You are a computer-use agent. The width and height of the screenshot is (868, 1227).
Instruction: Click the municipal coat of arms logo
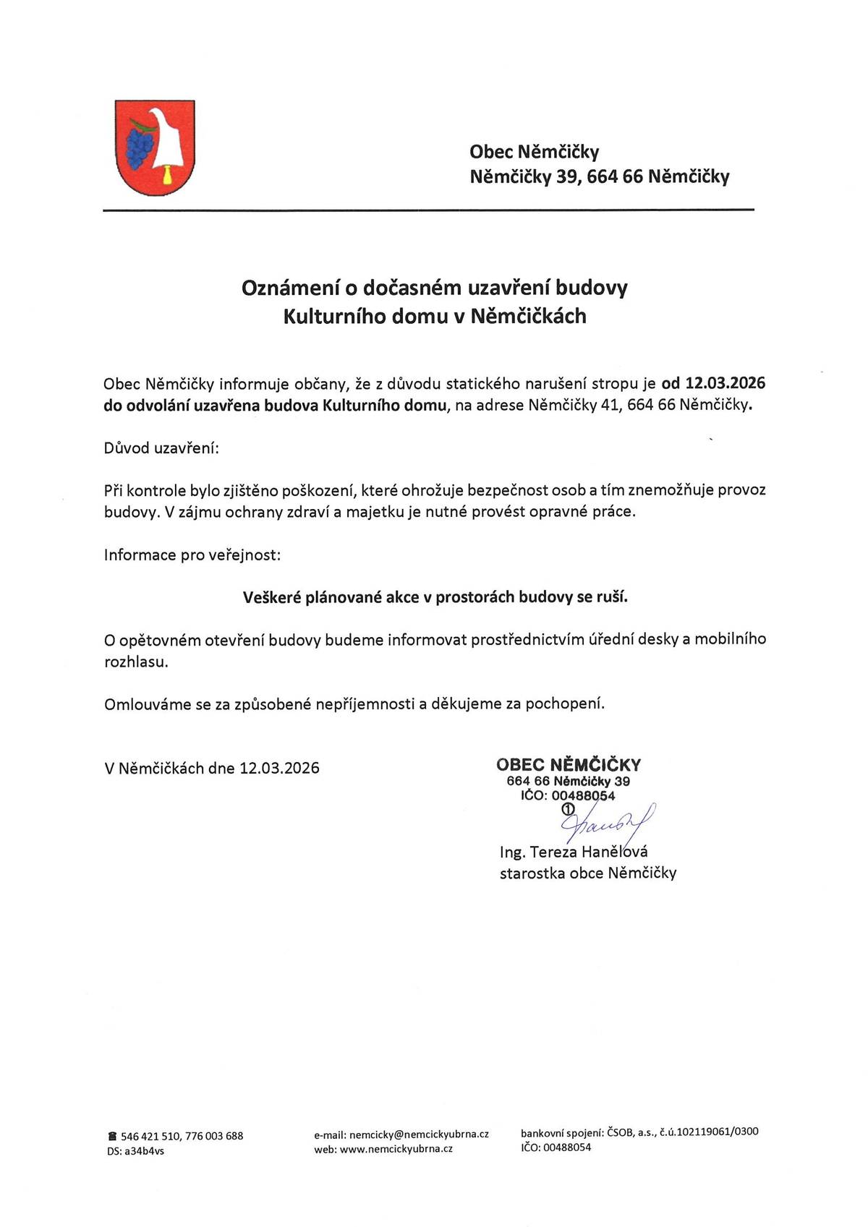155,148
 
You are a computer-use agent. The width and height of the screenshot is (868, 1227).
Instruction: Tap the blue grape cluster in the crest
140,146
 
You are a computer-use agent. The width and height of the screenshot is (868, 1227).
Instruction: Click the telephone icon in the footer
111,1136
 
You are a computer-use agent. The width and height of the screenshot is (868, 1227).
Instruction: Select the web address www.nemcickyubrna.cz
396,1148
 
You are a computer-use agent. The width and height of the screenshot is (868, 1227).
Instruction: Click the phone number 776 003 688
214,1136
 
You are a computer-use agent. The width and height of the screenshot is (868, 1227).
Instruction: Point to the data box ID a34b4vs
144,1151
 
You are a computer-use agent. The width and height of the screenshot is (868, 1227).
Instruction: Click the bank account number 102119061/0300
715,1132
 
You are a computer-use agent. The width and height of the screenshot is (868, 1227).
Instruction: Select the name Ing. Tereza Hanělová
574,852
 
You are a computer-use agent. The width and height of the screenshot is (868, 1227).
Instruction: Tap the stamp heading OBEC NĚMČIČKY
569,764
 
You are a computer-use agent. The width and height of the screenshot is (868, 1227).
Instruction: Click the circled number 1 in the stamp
567,808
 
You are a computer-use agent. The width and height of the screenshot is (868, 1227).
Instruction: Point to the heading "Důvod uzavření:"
161,448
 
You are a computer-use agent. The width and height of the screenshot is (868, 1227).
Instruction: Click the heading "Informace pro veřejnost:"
192,555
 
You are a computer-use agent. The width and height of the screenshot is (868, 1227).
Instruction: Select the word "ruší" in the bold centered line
612,597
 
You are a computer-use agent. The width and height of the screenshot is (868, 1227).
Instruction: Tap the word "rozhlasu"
135,662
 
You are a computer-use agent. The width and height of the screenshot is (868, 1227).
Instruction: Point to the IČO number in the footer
567,1147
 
